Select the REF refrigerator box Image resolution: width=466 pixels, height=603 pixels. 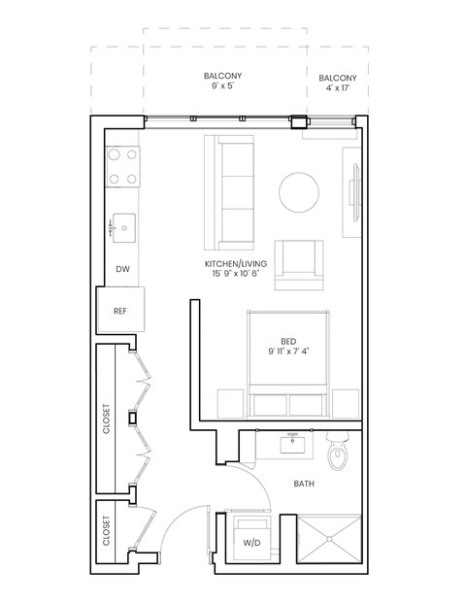tap(120, 311)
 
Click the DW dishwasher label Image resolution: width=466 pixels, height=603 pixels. tap(122, 269)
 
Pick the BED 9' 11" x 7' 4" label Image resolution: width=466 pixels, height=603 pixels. tap(288, 347)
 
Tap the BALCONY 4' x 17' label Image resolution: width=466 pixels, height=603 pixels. tap(337, 84)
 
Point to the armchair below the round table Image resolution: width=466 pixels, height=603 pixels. tap(298, 265)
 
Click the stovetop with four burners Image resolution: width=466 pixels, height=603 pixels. tap(123, 166)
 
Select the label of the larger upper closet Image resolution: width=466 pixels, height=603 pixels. tap(107, 419)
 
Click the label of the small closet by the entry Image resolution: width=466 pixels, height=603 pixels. tap(107, 530)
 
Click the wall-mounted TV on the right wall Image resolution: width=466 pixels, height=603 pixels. tap(356, 192)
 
